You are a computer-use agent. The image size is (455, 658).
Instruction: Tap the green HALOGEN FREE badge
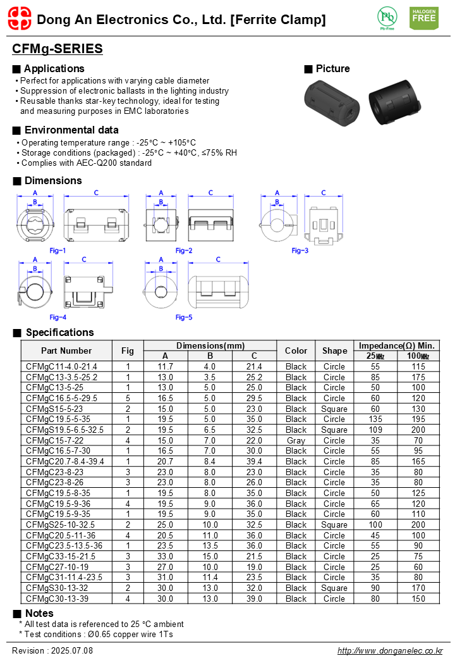[423, 18]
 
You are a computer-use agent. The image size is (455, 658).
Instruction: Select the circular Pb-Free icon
[387, 17]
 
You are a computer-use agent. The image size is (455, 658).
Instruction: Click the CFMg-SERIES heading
[58, 49]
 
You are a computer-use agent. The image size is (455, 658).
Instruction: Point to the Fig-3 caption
[300, 251]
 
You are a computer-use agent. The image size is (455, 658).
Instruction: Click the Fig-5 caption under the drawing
[184, 317]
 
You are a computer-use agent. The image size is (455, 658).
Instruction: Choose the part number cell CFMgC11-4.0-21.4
[61, 366]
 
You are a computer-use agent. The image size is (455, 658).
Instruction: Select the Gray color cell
[296, 440]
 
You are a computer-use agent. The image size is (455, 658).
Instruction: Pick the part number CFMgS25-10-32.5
[61, 525]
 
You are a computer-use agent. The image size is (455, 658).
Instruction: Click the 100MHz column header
[418, 356]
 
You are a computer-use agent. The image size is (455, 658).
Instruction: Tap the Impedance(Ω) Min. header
[397, 345]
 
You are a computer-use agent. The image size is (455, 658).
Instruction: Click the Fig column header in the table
[128, 351]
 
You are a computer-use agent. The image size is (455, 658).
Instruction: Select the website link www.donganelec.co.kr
[390, 650]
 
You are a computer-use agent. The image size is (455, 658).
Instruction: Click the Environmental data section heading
[71, 130]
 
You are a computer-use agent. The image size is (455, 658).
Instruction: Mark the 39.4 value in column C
[254, 461]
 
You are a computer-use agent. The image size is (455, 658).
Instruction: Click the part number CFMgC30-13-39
[58, 599]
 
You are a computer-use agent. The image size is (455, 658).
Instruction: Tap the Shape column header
[334, 351]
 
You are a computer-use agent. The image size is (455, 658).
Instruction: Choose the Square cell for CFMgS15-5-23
[334, 409]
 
